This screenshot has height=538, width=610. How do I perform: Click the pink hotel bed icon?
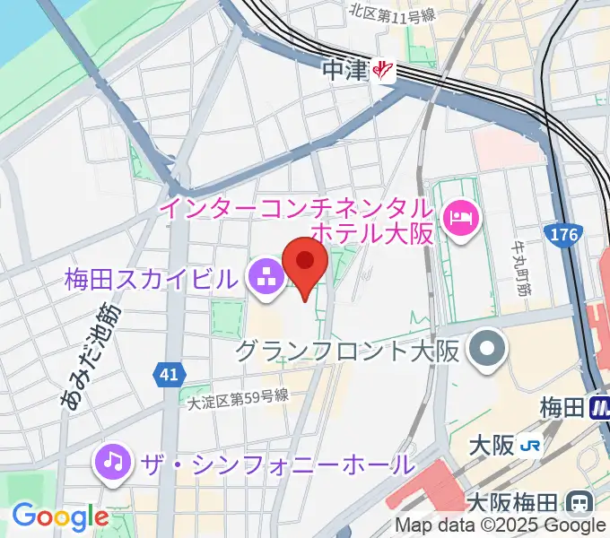tap(463, 216)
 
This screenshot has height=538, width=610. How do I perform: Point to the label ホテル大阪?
tap(372, 233)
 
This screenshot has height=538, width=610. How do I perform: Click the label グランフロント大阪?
tap(348, 350)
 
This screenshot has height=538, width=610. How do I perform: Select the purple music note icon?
tap(112, 463)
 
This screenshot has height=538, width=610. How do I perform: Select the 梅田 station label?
tap(562, 409)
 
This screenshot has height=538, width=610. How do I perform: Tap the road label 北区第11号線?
tap(392, 13)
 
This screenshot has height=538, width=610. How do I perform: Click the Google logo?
tap(59, 517)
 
